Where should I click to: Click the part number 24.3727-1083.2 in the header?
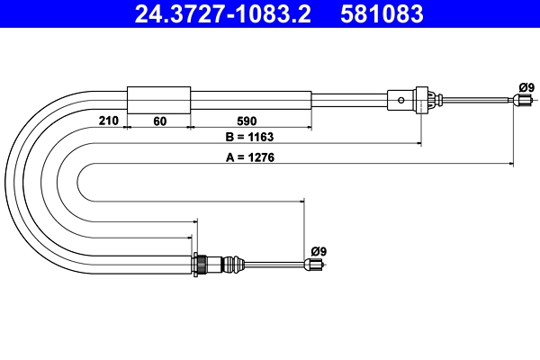pos(223,14)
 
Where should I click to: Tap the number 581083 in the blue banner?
pos(382,14)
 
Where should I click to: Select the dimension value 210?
pos(109,121)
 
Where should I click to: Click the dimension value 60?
pos(160,121)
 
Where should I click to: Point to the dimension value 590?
pos(247,121)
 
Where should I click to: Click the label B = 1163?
pos(249,137)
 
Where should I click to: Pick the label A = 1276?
pos(250,157)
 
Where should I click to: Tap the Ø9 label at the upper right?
pos(526,87)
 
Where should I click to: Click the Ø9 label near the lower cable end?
pos(319,251)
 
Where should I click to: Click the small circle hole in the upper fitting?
pos(401,100)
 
